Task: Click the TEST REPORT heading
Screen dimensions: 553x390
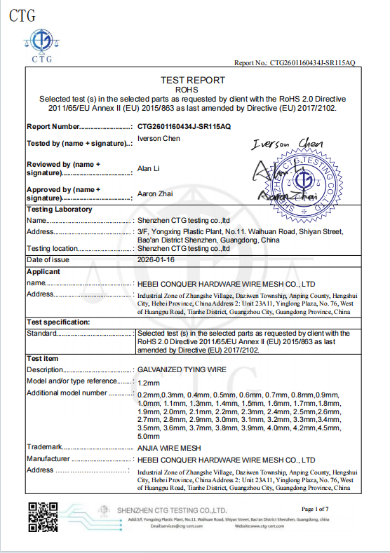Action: pos(193,80)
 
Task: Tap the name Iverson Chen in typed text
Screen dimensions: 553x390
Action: pos(159,139)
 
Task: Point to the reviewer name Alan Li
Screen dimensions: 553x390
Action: pos(148,168)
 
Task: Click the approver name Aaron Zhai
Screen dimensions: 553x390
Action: pos(154,193)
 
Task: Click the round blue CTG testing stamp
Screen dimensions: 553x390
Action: pos(304,180)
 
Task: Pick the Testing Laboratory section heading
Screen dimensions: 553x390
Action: pos(59,210)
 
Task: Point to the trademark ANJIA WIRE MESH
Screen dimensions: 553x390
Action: pos(169,446)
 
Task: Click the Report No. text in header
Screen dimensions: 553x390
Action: pos(295,63)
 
